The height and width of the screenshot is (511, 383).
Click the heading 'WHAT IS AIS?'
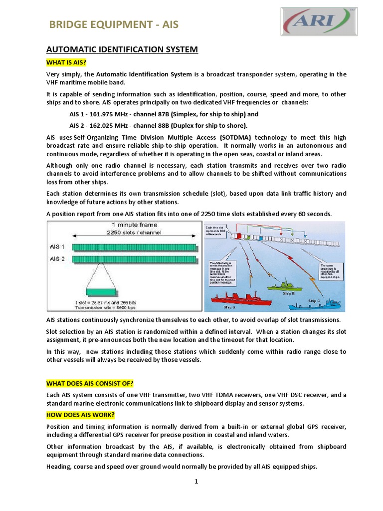coord(66,62)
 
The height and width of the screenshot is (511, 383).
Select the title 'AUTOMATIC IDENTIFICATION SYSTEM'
coord(122,49)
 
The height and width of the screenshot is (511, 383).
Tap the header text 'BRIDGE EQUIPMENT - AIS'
coord(113,24)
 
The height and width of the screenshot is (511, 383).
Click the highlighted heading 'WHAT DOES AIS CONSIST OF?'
coord(90,383)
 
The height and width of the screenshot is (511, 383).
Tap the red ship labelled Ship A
coord(241,299)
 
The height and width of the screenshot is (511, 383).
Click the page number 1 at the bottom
coord(196,481)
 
